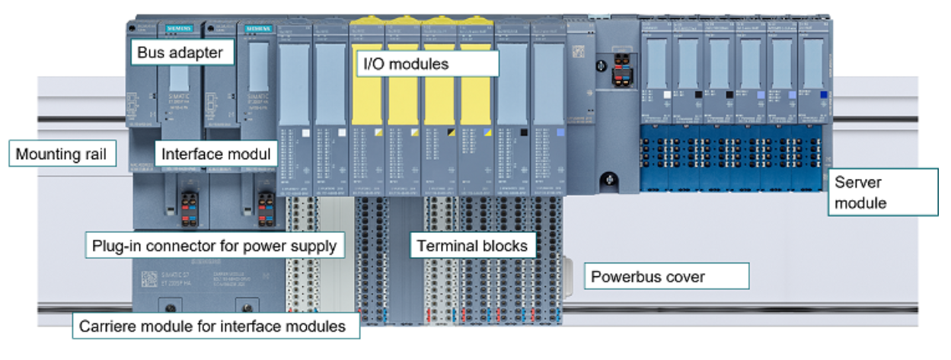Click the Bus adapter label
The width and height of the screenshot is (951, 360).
[x=180, y=53]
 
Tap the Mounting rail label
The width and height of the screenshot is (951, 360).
[x=62, y=155]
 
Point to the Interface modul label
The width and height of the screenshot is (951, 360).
[x=215, y=154]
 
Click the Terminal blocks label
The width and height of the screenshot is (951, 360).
[x=473, y=246]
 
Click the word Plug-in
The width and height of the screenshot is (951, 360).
[x=115, y=246]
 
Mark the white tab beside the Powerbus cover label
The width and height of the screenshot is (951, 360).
[x=573, y=271]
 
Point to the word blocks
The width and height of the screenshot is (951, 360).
[x=506, y=246]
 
